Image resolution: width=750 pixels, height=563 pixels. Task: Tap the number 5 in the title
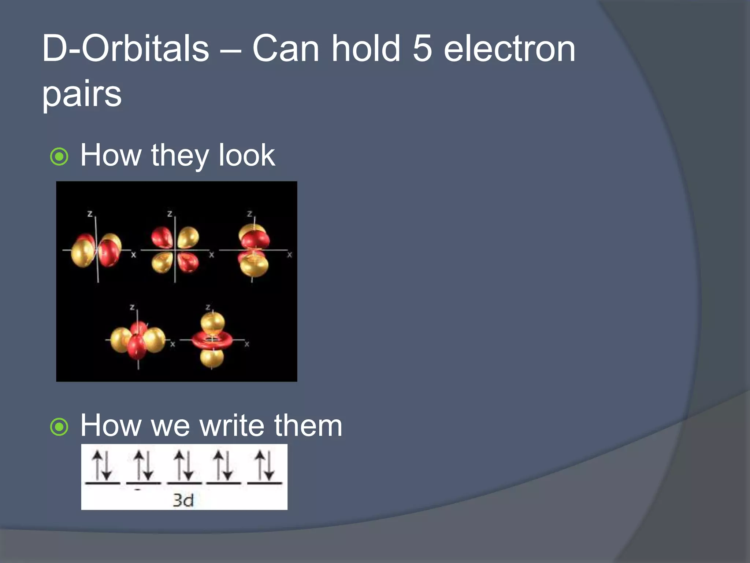422,49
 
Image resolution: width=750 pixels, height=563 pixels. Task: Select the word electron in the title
509,49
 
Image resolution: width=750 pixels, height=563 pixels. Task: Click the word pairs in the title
82,95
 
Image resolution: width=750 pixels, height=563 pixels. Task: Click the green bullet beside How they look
59,157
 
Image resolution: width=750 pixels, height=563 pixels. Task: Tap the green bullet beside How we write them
59,427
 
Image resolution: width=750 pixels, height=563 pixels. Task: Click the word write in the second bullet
231,426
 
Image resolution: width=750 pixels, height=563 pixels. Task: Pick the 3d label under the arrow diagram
183,500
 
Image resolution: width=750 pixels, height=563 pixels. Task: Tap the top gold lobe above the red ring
212,323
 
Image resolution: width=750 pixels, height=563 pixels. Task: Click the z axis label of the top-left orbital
90,213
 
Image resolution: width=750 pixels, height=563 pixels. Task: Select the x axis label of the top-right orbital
290,254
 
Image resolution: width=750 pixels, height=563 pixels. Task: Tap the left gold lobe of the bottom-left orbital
120,339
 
